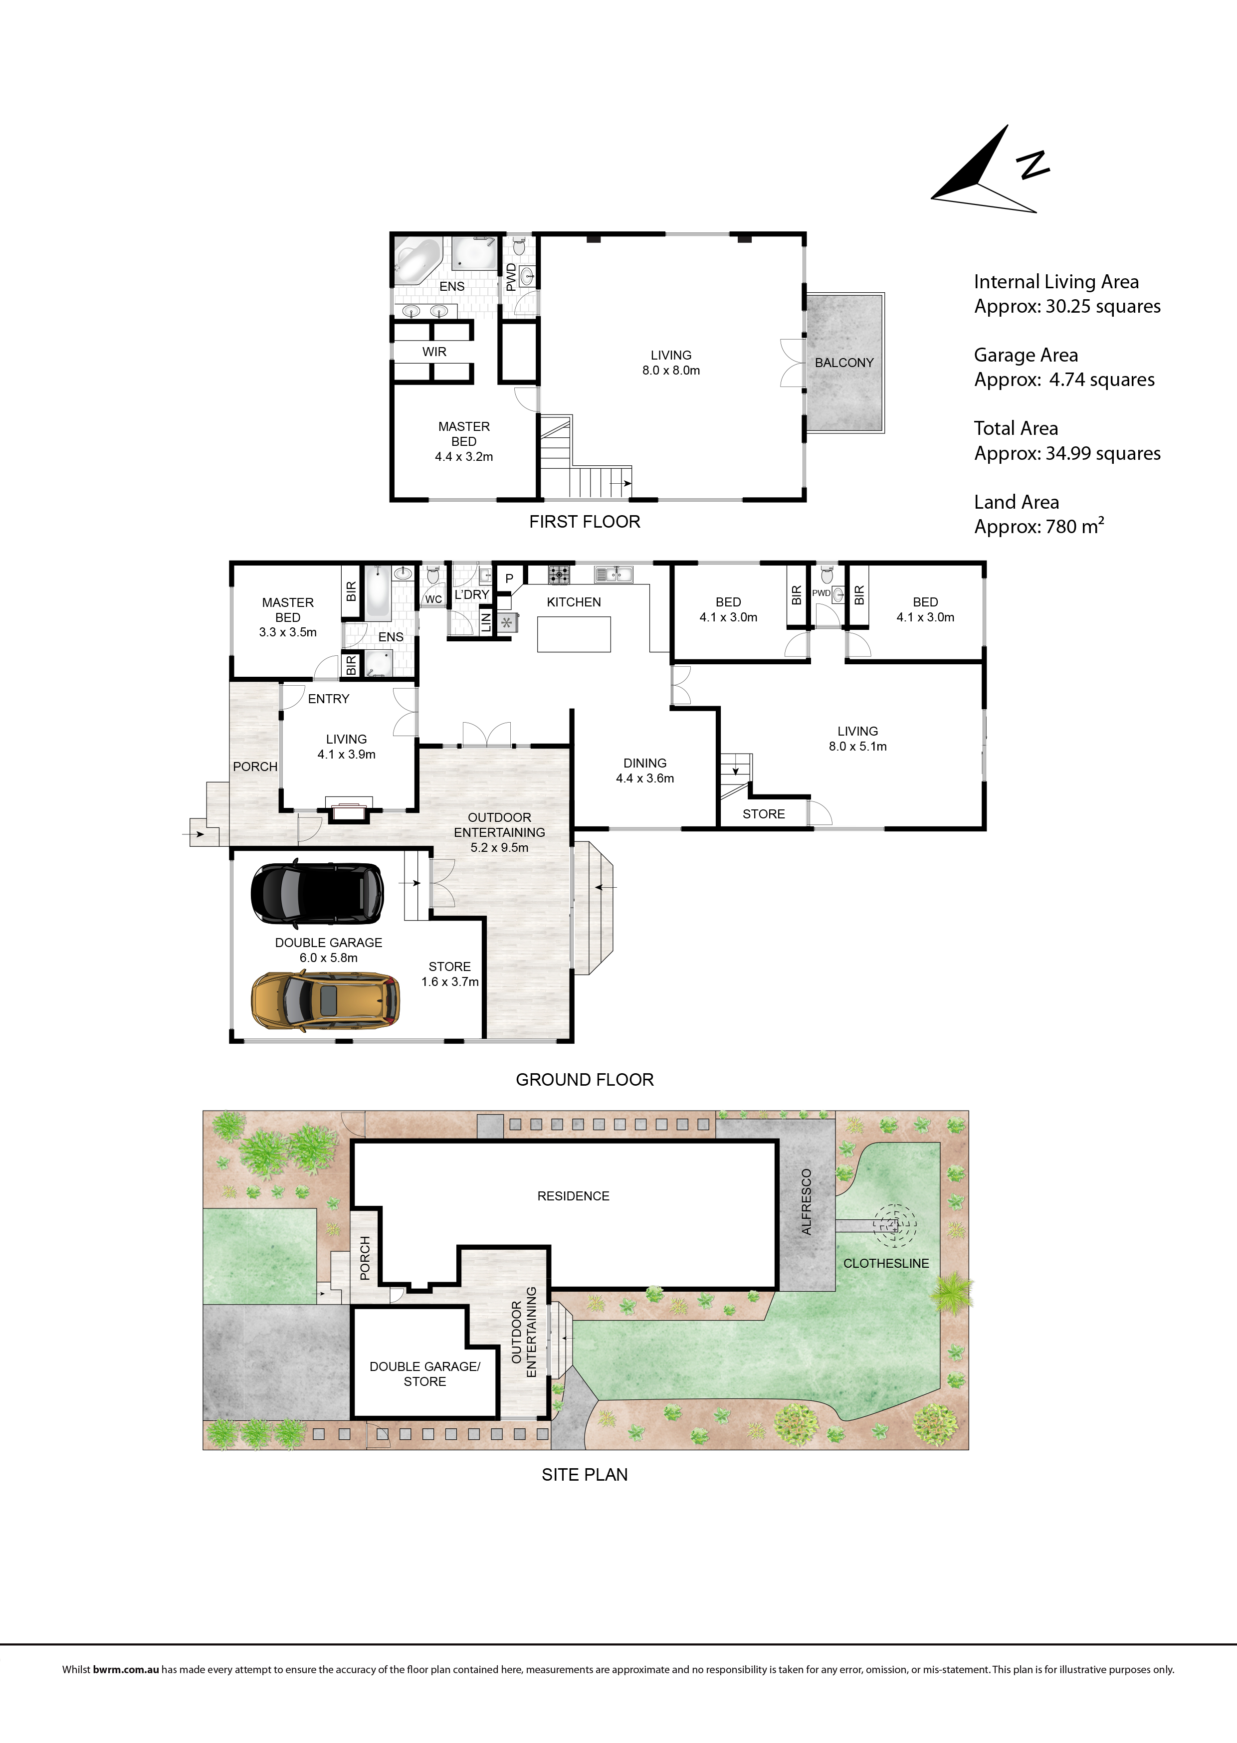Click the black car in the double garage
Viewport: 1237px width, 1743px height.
pyautogui.click(x=317, y=890)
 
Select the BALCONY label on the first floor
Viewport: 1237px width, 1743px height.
pyautogui.click(x=844, y=363)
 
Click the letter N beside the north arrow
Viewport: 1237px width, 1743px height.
pyautogui.click(x=1033, y=165)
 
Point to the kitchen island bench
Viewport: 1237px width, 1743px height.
pyautogui.click(x=574, y=634)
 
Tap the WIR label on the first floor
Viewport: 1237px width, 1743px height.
pyautogui.click(x=434, y=352)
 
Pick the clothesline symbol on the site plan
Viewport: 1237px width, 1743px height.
pyautogui.click(x=894, y=1225)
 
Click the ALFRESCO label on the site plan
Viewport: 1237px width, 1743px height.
pyautogui.click(x=807, y=1201)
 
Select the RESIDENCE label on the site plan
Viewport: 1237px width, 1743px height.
pyautogui.click(x=574, y=1196)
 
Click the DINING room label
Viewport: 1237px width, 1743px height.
pyautogui.click(x=644, y=763)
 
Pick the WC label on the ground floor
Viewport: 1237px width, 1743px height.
pyautogui.click(x=433, y=599)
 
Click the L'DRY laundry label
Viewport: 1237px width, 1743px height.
pyautogui.click(x=471, y=594)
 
